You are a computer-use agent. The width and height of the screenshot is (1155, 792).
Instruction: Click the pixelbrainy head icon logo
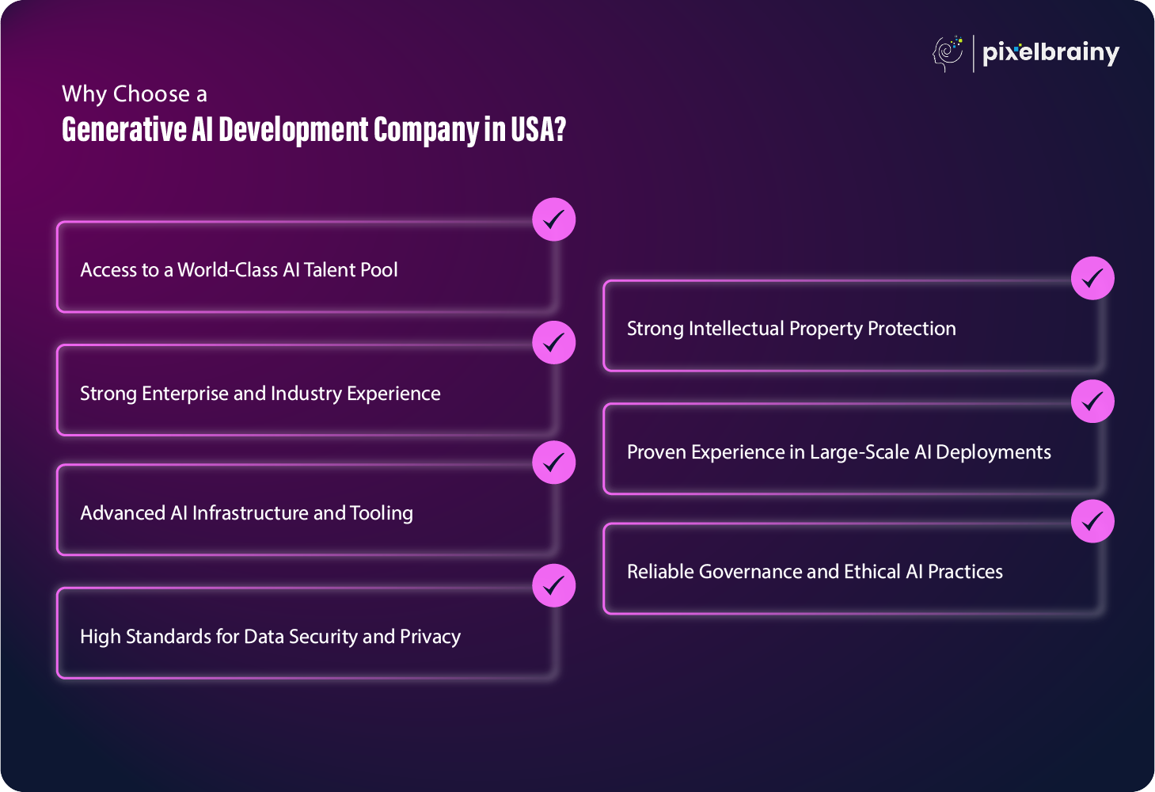tap(948, 54)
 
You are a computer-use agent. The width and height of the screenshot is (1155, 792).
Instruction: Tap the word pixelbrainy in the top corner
tap(1051, 54)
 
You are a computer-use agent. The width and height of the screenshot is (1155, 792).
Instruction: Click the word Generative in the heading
tap(124, 129)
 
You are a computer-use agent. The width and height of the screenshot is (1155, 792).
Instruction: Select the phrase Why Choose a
tap(135, 94)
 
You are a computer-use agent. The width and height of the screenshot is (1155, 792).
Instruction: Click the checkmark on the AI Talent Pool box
tap(554, 219)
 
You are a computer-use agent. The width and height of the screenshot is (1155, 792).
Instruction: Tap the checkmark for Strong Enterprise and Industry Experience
tap(554, 343)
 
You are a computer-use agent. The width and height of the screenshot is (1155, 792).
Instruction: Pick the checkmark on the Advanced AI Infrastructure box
tap(554, 463)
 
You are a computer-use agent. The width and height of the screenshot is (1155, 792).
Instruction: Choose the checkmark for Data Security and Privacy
tap(554, 585)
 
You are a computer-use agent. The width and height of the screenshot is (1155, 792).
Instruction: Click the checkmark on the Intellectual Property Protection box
tap(1092, 278)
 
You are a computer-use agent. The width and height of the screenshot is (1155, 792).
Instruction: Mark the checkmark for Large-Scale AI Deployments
tap(1092, 402)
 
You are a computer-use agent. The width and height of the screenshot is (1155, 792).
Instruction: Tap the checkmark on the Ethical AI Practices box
tap(1092, 521)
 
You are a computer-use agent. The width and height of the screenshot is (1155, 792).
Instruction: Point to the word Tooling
tap(382, 513)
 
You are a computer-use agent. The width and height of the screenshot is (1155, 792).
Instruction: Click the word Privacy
tap(430, 637)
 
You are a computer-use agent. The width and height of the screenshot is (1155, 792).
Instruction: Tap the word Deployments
tap(993, 452)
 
